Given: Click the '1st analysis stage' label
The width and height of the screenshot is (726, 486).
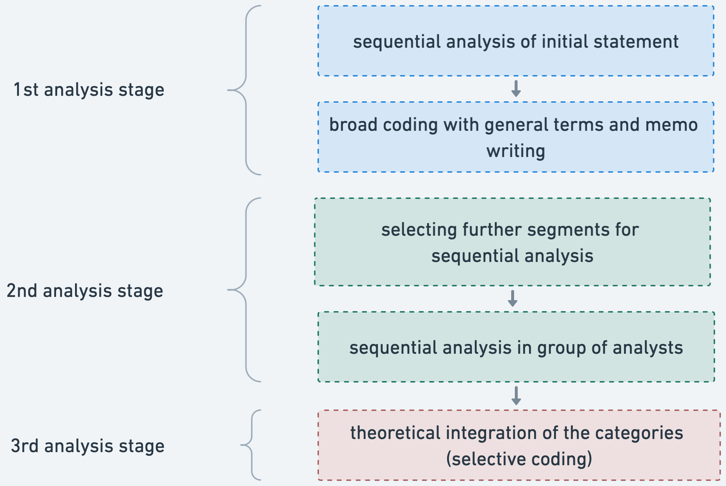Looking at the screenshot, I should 89,90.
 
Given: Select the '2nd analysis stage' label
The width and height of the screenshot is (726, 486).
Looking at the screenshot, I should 85,291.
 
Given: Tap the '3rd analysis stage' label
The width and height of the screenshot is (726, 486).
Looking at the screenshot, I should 88,446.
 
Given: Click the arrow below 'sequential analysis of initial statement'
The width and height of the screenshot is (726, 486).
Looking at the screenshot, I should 516,89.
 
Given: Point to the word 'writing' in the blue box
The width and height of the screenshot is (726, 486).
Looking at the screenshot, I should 516,151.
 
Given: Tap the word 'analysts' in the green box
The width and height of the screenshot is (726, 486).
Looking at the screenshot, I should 648,348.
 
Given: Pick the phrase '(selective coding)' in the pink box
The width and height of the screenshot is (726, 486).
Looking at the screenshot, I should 519,459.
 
